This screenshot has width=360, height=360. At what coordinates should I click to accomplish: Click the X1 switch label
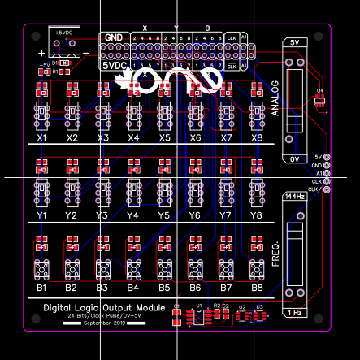[42, 138]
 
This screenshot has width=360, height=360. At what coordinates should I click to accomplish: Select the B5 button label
[164, 288]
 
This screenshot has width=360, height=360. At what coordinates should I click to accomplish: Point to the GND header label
[114, 37]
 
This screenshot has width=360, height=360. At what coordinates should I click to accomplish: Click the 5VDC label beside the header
[114, 64]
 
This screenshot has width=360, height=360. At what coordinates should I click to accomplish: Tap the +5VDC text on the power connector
[63, 32]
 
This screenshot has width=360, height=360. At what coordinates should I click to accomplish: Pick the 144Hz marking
[293, 197]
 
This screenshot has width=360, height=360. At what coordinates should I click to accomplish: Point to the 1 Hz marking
[293, 313]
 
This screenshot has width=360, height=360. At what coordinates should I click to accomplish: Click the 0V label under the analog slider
[293, 160]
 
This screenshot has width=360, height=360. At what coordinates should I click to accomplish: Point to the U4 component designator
[320, 90]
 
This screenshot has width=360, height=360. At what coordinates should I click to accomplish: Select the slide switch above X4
[133, 115]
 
